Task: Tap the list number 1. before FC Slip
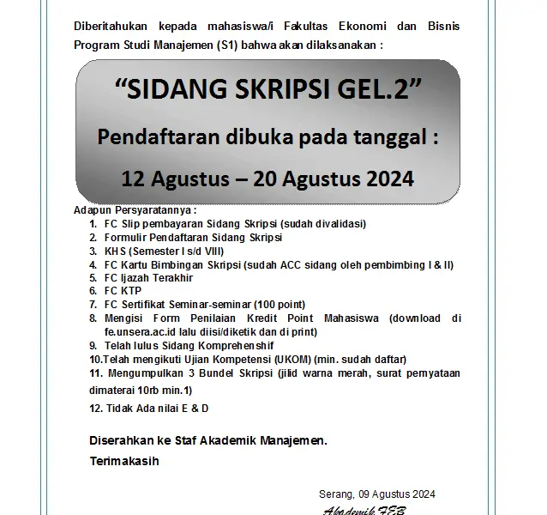tap(93, 224)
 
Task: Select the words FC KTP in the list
tap(122, 290)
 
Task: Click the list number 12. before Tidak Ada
tap(96, 408)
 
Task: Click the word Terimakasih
tap(123, 460)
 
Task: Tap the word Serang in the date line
tap(334, 494)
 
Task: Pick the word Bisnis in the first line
tap(442, 27)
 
